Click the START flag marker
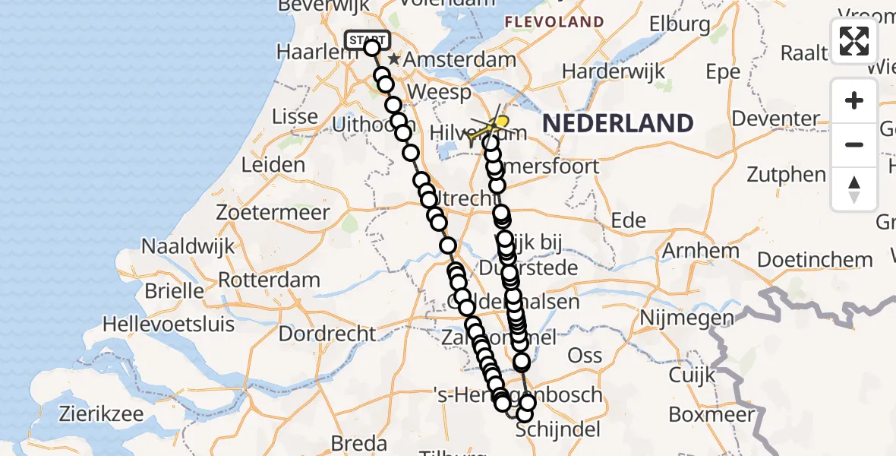point(368,40)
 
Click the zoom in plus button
point(854,101)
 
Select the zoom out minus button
point(854,144)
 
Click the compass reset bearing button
point(854,188)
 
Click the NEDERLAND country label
point(617,123)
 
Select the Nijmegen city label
point(687,317)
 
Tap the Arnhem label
point(700,250)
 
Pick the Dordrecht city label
point(327,333)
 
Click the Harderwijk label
point(613,71)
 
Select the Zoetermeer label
point(273,212)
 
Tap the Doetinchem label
point(815,259)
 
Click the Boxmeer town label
point(712,414)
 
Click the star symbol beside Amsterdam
point(393,59)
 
